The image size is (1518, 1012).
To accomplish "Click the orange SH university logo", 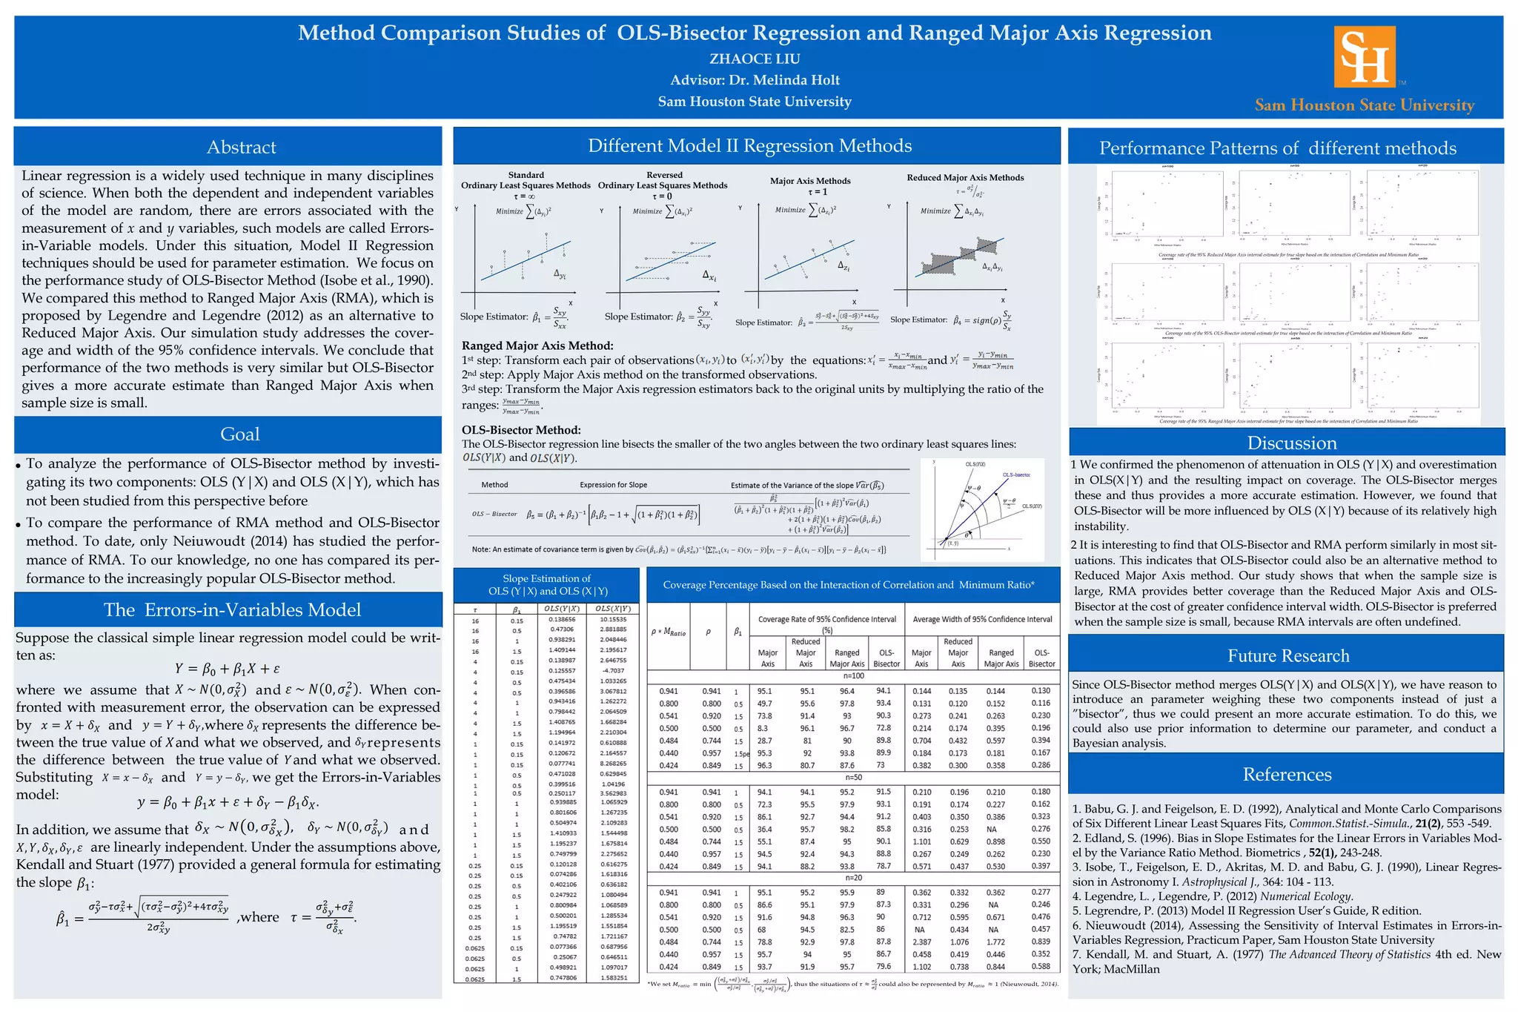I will coord(1365,57).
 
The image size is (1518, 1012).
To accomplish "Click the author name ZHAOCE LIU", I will coord(755,59).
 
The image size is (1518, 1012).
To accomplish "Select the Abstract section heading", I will coord(241,147).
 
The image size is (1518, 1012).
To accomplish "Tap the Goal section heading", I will coord(240,434).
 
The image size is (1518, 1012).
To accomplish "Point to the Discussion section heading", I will coord(1292,443).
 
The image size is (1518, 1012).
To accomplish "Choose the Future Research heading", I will coord(1288,655).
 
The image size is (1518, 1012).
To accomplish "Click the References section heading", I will coord(1287,774).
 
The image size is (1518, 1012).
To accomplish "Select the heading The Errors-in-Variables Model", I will coord(232,609).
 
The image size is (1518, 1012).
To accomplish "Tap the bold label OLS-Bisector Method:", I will coord(521,430).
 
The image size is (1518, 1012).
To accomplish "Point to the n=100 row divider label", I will coord(854,676).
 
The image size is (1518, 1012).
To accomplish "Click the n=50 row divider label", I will coord(853,778).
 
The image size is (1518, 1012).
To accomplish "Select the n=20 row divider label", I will coord(853,878).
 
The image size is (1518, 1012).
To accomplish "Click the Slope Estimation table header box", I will coord(547,585).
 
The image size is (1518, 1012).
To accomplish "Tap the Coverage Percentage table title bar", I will coord(848,585).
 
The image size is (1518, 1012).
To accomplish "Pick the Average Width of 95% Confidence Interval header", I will coord(982,619).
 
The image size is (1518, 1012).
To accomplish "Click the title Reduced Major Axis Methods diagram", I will coord(965,178).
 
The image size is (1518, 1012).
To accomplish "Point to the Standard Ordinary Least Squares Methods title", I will coord(526,180).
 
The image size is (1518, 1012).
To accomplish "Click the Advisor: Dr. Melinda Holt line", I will coord(755,80).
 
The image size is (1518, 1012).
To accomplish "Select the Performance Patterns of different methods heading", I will coord(1277,148).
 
